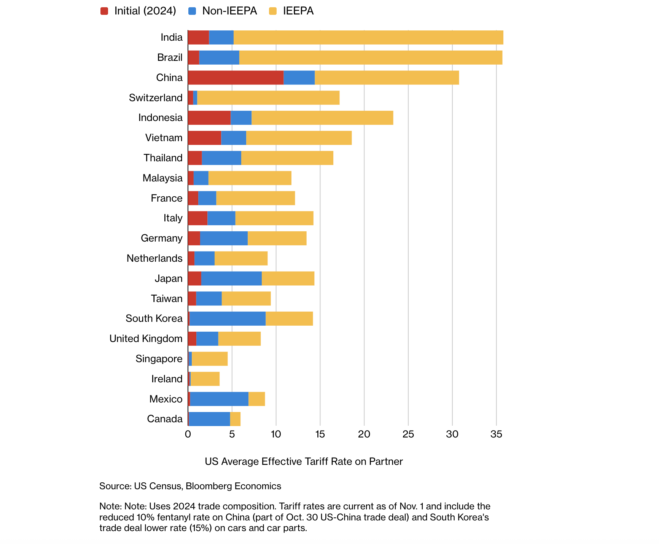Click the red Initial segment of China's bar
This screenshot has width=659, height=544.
point(236,78)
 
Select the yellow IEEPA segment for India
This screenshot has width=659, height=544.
point(368,38)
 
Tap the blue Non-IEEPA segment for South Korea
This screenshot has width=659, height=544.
point(227,318)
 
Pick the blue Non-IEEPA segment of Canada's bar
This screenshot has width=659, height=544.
point(209,419)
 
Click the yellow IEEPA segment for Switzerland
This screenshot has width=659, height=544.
point(268,98)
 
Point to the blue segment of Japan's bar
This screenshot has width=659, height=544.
point(231,278)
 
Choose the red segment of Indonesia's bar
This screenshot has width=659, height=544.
point(209,118)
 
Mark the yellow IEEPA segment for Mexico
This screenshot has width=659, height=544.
point(256,399)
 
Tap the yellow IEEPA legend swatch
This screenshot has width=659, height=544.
point(273,11)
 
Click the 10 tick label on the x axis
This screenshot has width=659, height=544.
point(276,434)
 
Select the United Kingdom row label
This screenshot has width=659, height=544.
point(146,339)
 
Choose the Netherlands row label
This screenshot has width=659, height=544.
point(154,258)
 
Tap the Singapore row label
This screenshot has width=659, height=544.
point(159,359)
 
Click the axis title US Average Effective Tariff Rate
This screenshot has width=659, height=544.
point(304,461)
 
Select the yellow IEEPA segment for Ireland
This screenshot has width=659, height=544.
point(205,379)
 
